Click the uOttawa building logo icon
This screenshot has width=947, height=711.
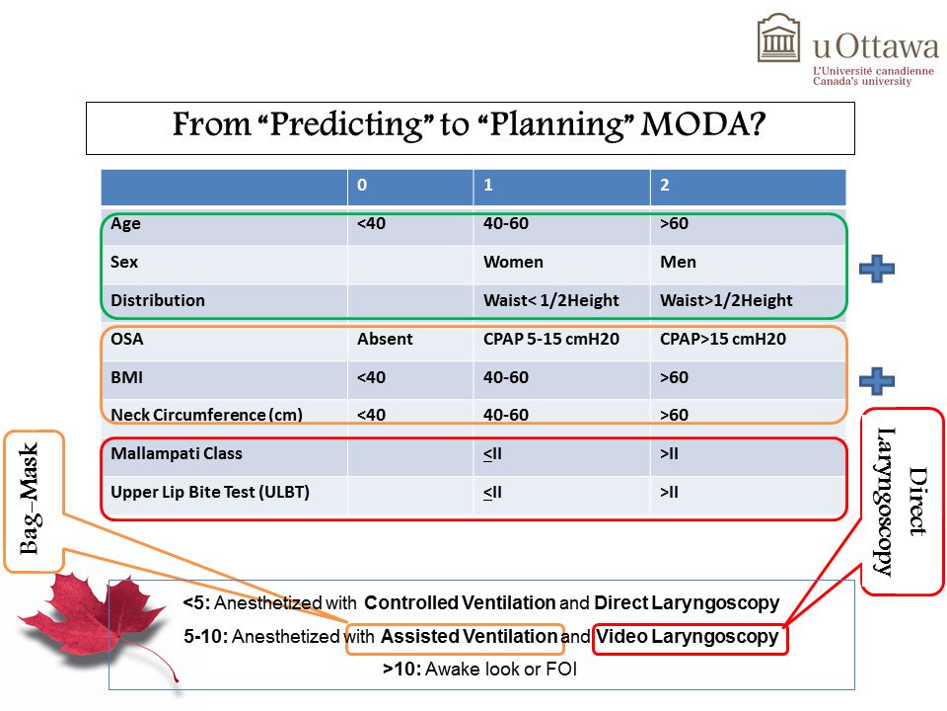click(778, 39)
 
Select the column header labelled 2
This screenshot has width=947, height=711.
click(664, 186)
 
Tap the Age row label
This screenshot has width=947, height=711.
click(126, 224)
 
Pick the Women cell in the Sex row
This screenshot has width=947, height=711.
click(513, 263)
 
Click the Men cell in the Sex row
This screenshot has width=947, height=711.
click(678, 263)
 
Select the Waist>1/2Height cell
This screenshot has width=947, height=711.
click(721, 300)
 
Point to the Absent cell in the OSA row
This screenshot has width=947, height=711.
click(385, 339)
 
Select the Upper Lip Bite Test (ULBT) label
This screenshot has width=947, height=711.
click(210, 491)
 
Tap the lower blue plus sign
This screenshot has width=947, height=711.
click(876, 381)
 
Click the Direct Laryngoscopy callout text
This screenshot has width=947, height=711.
click(902, 501)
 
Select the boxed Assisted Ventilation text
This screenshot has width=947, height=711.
click(469, 637)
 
